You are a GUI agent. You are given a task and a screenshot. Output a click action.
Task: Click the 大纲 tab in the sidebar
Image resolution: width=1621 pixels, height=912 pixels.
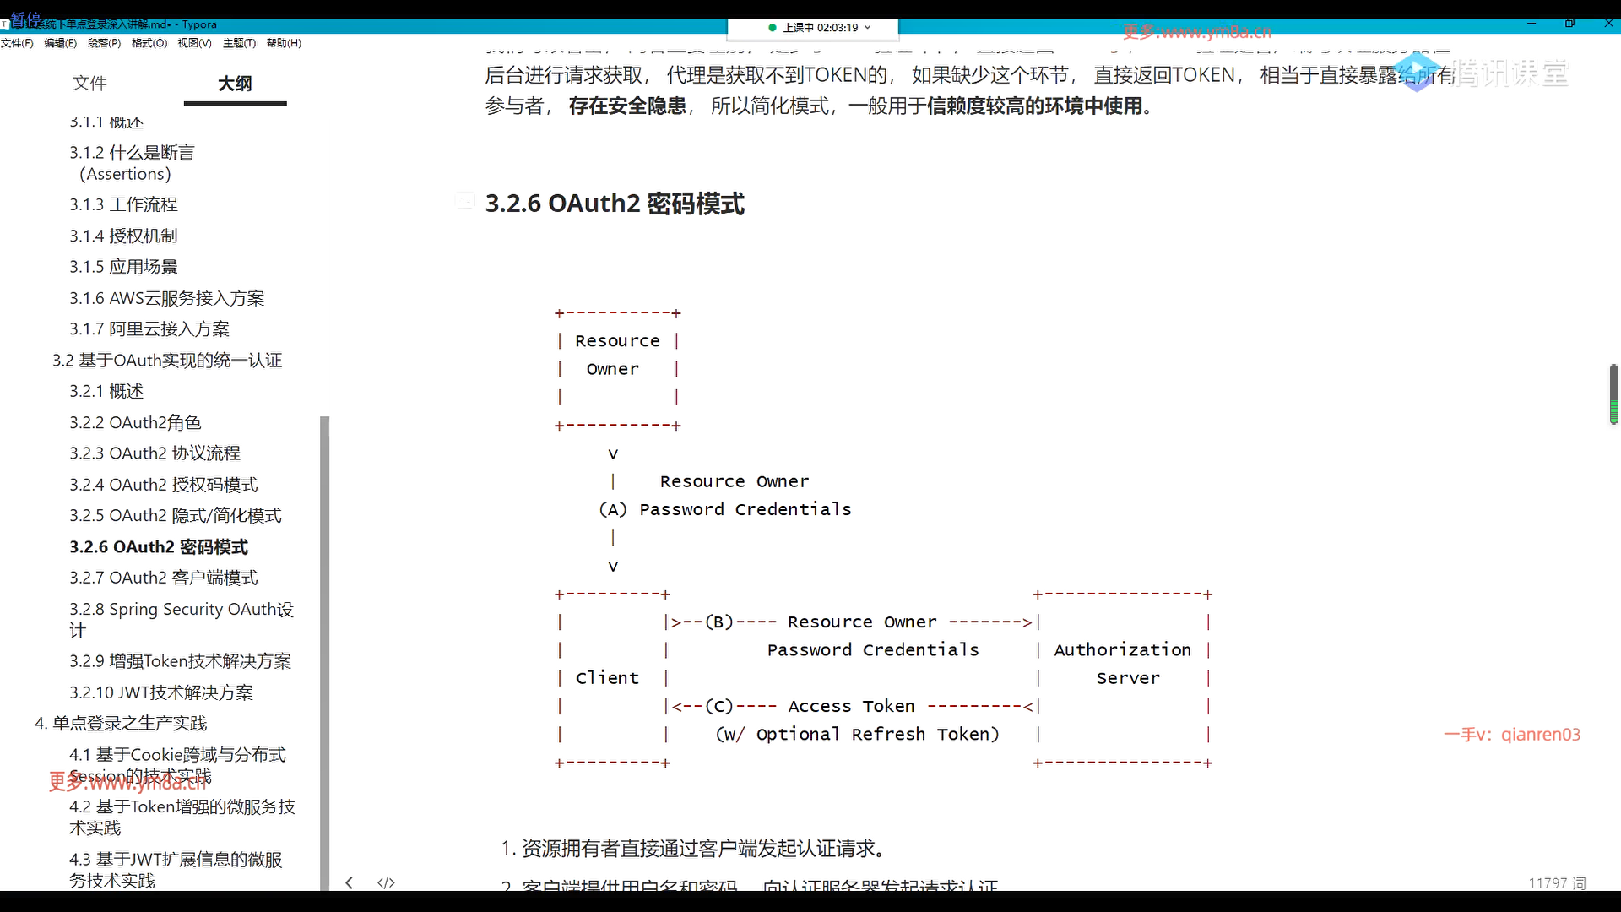click(x=235, y=84)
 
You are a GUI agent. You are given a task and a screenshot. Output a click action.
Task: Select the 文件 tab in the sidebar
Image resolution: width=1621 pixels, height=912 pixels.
click(x=89, y=83)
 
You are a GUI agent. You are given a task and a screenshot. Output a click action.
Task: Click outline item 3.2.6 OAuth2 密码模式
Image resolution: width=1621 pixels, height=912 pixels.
click(x=159, y=547)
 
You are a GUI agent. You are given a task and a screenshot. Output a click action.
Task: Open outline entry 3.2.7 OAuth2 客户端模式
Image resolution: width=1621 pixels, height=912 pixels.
click(x=163, y=578)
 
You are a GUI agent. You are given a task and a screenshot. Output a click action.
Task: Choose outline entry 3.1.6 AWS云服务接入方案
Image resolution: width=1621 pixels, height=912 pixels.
click(x=166, y=298)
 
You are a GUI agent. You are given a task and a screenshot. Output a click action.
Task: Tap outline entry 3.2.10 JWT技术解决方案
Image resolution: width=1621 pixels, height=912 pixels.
click(x=160, y=692)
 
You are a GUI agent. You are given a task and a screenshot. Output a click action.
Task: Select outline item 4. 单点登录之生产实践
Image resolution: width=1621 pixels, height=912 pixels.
click(x=121, y=723)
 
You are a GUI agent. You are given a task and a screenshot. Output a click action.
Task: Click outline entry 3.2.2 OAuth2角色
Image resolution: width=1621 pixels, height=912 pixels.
click(x=135, y=422)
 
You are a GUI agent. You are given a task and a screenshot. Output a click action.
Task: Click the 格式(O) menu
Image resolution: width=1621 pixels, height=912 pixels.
click(x=149, y=43)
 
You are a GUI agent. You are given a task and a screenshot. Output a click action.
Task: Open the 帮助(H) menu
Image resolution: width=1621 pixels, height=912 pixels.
click(x=284, y=43)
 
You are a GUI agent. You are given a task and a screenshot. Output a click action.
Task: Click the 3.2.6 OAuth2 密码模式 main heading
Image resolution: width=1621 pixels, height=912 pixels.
click(x=615, y=204)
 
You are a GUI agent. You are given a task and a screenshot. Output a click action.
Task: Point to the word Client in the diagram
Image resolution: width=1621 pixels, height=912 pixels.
click(x=607, y=678)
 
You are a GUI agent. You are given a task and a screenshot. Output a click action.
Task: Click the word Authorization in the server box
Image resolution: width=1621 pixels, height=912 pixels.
click(x=1122, y=650)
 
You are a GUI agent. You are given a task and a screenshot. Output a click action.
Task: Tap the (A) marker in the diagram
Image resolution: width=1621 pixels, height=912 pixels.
click(x=613, y=509)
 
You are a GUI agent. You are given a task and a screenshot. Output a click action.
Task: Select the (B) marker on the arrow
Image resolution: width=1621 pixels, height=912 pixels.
click(x=719, y=622)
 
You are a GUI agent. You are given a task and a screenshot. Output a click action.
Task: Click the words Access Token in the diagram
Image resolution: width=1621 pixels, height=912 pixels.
click(x=851, y=706)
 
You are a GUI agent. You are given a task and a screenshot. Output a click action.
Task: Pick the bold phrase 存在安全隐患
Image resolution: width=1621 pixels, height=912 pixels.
click(x=627, y=106)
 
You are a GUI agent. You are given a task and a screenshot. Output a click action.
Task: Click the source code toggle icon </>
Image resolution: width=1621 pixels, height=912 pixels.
click(x=386, y=882)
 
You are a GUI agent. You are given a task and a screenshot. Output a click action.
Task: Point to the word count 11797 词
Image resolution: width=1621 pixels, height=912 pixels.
click(x=1557, y=882)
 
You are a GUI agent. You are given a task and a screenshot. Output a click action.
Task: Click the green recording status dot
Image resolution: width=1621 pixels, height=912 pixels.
click(x=773, y=28)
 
